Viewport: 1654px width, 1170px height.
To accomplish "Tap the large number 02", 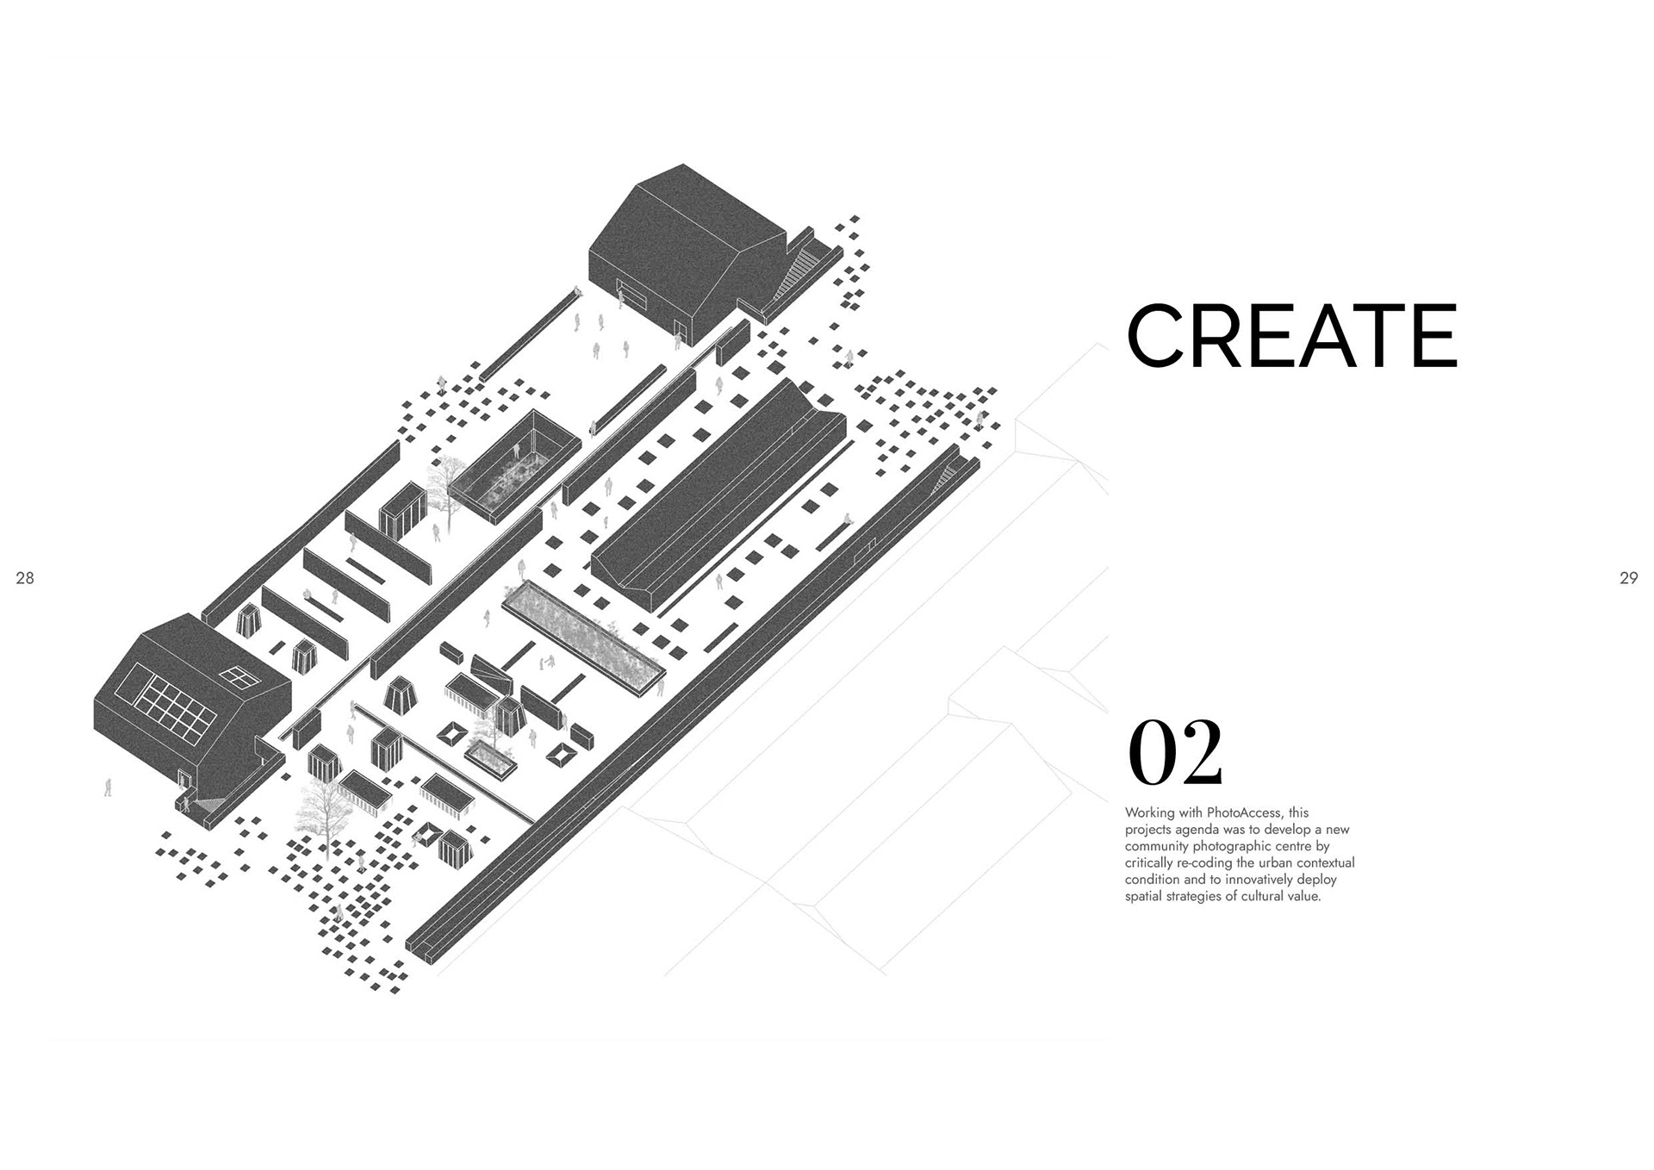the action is (x=1174, y=752).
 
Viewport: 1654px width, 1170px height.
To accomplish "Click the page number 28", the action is (x=25, y=578).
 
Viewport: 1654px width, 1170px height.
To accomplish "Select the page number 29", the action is (x=1628, y=578).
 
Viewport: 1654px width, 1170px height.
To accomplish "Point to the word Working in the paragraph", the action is (x=1148, y=812).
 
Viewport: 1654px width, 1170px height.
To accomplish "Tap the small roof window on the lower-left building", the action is (x=242, y=677).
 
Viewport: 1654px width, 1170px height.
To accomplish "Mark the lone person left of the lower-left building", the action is (x=108, y=787).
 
